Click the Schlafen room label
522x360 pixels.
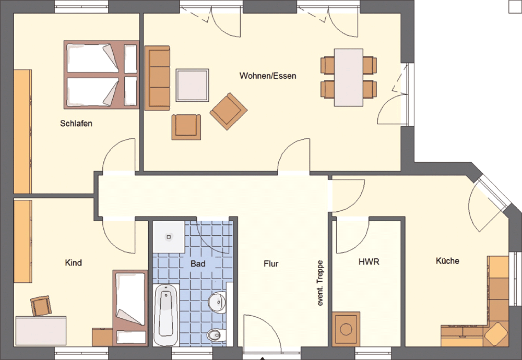tap(76, 124)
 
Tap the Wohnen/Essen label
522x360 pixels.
tap(268, 76)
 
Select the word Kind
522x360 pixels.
tap(73, 263)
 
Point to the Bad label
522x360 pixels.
tap(198, 264)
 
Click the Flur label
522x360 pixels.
tap(271, 264)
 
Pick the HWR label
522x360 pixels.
tap(369, 262)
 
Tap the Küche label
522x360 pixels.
tap(447, 260)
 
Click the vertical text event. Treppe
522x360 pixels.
tap(321, 283)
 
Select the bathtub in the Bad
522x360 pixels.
tap(167, 315)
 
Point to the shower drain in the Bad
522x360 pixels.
tap(169, 237)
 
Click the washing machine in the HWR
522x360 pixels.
tap(346, 329)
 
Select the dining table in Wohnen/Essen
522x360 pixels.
tap(349, 78)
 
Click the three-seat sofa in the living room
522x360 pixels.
tap(158, 78)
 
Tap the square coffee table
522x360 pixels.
tap(193, 85)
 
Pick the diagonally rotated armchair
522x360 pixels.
tap(229, 111)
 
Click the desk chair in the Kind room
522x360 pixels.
tap(41, 305)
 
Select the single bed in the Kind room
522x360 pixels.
tap(130, 308)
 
